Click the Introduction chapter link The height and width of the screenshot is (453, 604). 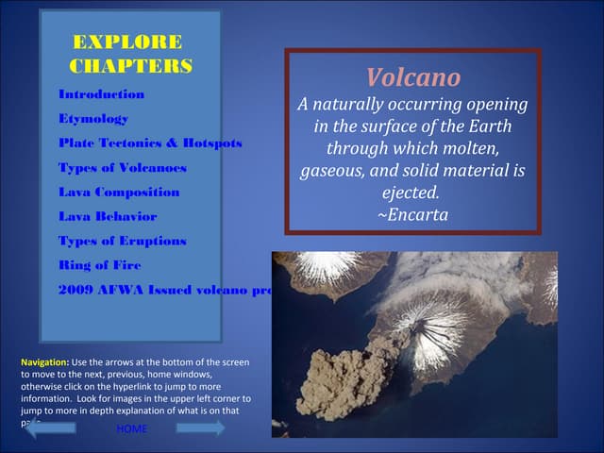101,95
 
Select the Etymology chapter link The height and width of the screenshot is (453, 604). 93,120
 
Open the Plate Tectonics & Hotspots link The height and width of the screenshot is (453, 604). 150,143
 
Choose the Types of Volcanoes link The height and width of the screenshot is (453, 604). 123,168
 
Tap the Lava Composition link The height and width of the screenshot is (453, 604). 119,193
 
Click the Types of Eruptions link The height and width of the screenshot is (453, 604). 123,242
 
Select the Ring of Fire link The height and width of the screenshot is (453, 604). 99,266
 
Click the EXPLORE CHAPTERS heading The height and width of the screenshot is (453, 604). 130,54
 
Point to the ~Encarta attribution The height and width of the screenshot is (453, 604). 412,215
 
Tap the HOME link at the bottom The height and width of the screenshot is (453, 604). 131,429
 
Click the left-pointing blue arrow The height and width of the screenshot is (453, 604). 47,428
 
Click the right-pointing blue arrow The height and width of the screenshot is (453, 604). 200,428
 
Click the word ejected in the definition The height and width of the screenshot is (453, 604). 410,193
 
